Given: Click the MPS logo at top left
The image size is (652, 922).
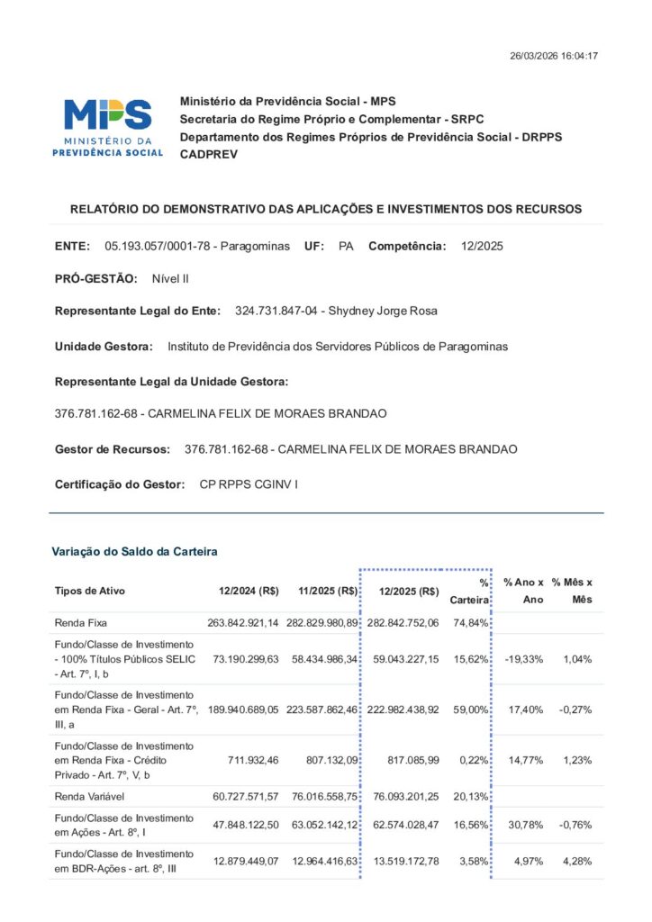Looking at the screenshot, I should click(x=108, y=126).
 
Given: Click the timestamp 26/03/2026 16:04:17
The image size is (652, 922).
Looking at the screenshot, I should click(x=554, y=56).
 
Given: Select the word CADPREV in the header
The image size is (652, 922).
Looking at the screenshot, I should click(x=209, y=155).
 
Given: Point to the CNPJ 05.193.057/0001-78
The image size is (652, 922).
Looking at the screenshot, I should click(x=160, y=246).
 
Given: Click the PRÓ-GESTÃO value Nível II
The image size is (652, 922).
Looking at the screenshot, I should click(x=170, y=279).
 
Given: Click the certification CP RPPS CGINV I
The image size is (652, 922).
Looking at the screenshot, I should click(x=248, y=484).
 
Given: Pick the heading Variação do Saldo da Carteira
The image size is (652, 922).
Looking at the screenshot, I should click(x=134, y=551).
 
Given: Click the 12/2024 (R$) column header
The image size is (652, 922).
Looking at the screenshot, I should click(x=249, y=592).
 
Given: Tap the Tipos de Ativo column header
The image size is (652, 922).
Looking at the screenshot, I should click(x=90, y=592).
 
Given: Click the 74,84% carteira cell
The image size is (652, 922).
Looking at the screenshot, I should click(x=471, y=623).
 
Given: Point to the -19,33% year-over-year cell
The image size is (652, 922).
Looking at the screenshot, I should click(x=523, y=659).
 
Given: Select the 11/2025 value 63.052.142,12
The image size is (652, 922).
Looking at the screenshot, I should click(x=324, y=825).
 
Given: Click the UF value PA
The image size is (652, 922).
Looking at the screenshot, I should click(x=346, y=246).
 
